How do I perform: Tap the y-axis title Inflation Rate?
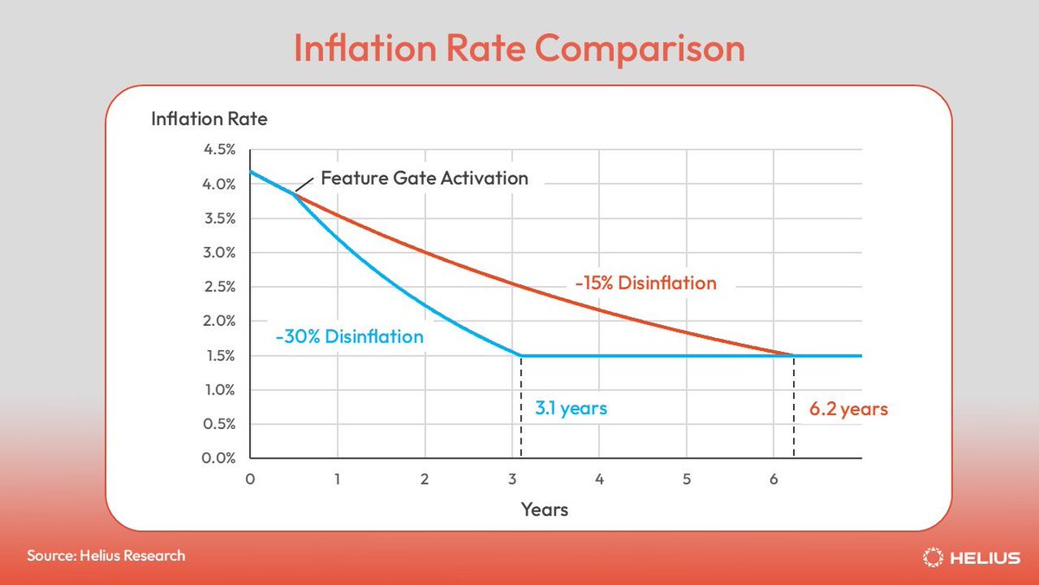click(209, 119)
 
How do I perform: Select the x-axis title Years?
click(545, 509)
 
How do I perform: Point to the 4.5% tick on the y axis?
click(219, 150)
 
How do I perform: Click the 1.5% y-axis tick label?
click(219, 355)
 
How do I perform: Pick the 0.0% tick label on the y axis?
click(219, 458)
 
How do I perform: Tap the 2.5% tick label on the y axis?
click(219, 287)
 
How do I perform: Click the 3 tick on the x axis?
click(512, 479)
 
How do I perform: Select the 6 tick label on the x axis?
click(773, 479)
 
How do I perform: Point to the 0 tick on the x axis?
click(250, 479)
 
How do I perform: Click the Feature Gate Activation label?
click(424, 179)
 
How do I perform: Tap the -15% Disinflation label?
click(645, 283)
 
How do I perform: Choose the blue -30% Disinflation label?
click(350, 336)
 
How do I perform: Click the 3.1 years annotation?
click(571, 407)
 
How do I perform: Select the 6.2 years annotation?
click(849, 408)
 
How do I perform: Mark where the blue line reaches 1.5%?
click(520, 355)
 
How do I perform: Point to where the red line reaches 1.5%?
click(793, 355)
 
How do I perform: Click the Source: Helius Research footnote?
click(106, 556)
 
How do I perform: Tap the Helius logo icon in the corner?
click(933, 557)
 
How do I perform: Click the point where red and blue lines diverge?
click(294, 192)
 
